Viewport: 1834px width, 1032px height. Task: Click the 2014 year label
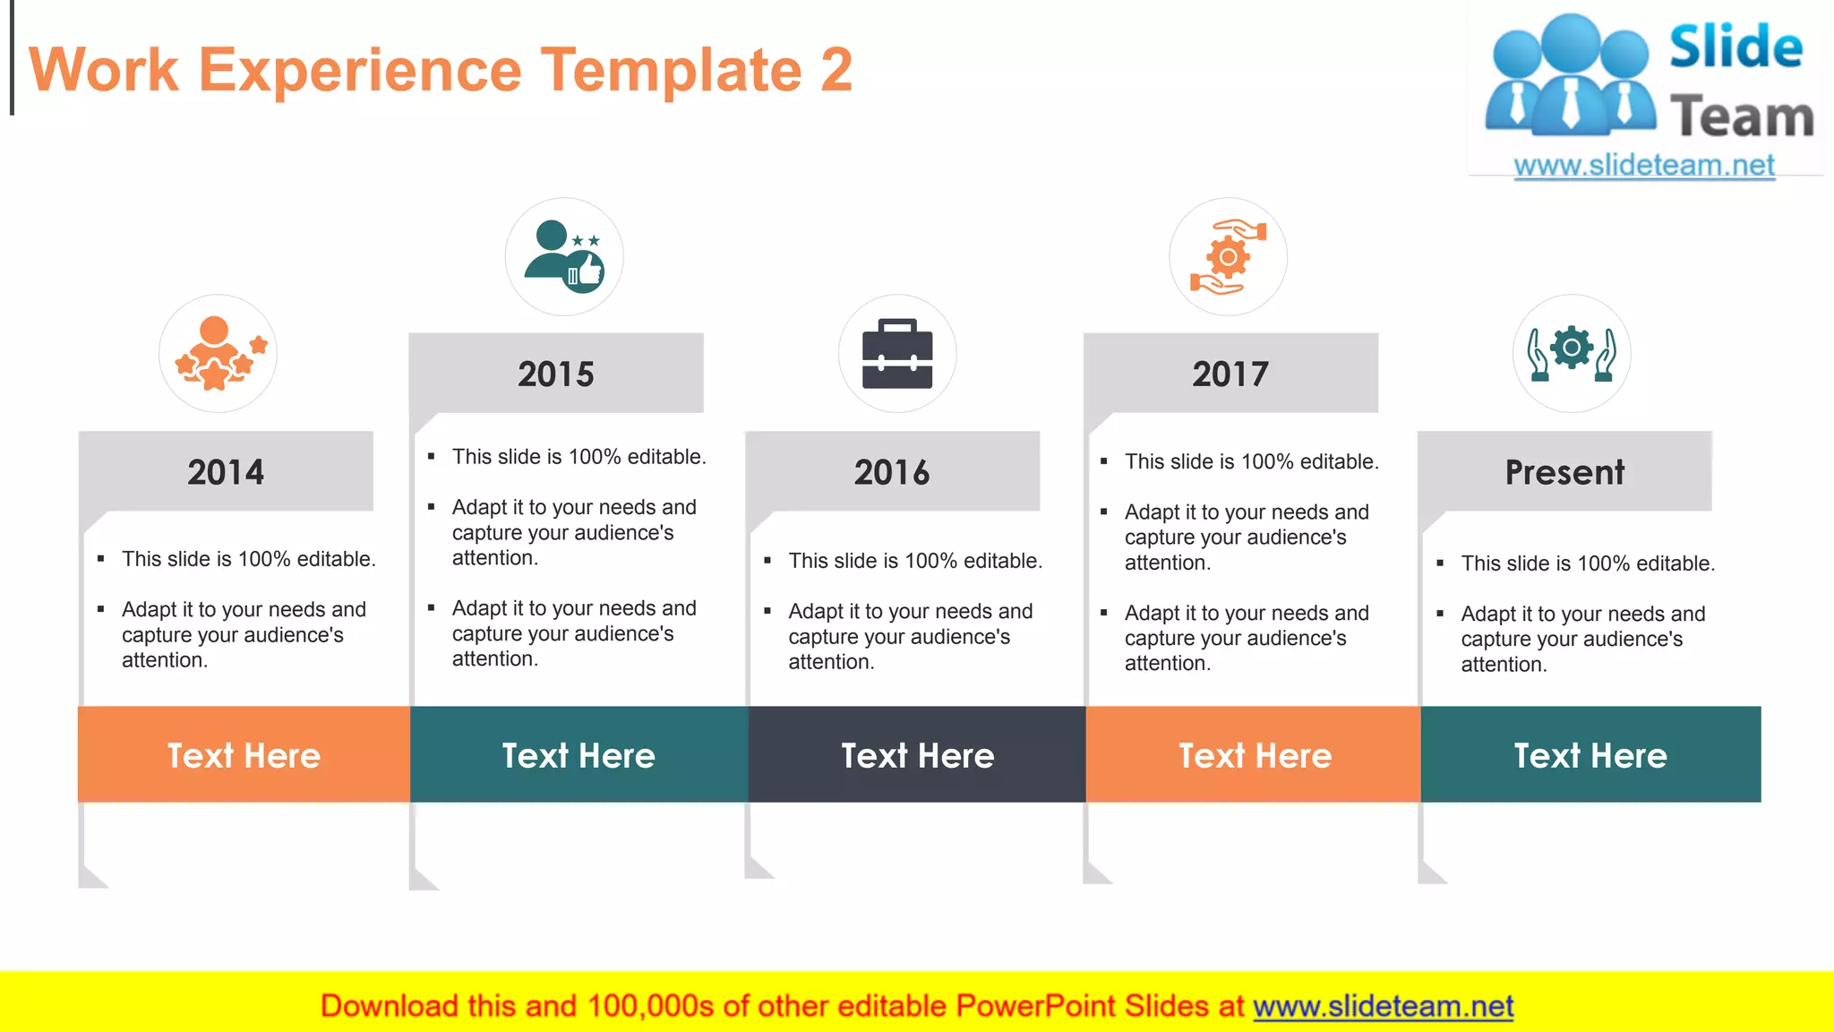click(x=226, y=472)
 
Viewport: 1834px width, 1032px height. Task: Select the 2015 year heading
click(x=556, y=374)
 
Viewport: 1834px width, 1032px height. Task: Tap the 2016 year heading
click(x=892, y=472)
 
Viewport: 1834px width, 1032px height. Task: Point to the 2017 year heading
click(x=1230, y=374)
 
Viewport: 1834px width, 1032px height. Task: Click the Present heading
click(x=1564, y=472)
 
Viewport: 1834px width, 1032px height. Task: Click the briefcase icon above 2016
click(x=897, y=354)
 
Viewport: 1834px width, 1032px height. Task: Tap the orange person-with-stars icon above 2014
click(x=218, y=354)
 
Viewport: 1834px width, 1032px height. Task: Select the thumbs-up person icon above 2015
click(x=564, y=257)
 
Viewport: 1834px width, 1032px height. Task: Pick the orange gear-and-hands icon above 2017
click(x=1228, y=257)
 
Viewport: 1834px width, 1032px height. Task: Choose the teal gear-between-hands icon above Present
click(x=1572, y=352)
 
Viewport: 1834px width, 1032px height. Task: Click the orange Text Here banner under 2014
click(x=244, y=755)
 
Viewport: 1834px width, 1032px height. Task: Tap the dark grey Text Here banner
click(x=917, y=755)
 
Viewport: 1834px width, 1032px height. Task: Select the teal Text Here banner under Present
click(x=1590, y=755)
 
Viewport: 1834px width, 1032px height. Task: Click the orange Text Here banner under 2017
click(x=1254, y=755)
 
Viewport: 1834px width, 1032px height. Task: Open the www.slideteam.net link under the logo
click(x=1644, y=166)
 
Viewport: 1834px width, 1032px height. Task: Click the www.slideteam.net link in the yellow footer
click(x=1383, y=1006)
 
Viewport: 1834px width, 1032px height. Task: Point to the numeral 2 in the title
click(x=836, y=70)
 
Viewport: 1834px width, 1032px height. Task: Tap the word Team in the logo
click(x=1742, y=117)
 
